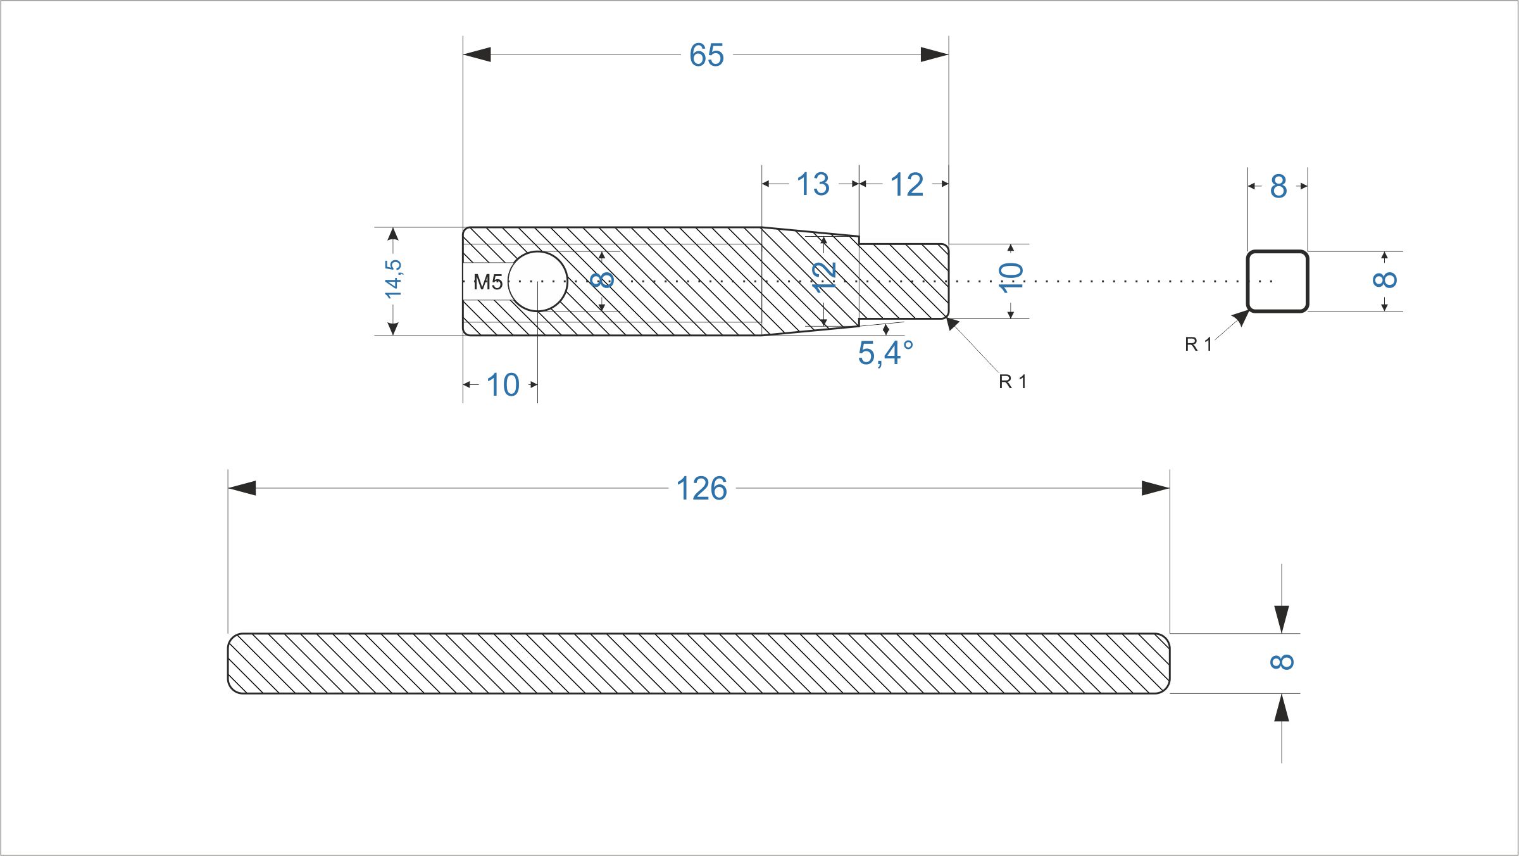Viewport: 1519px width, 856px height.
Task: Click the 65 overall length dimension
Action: pyautogui.click(x=706, y=55)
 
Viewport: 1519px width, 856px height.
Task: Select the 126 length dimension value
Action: pyautogui.click(x=701, y=489)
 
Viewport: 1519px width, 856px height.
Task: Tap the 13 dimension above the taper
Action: pyautogui.click(x=813, y=184)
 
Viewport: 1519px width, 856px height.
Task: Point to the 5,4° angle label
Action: pyautogui.click(x=885, y=353)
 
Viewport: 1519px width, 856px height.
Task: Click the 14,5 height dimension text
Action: pyautogui.click(x=393, y=279)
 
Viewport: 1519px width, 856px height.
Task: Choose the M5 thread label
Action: pyautogui.click(x=488, y=282)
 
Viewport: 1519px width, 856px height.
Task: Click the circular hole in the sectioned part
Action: pyautogui.click(x=537, y=282)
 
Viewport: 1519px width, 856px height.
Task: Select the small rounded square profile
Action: pyautogui.click(x=1277, y=251)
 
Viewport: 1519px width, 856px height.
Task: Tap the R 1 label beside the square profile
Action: pyautogui.click(x=1198, y=344)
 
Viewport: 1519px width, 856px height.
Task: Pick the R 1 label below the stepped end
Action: pyautogui.click(x=1013, y=382)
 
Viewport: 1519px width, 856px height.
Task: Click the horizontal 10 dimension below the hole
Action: pyautogui.click(x=503, y=385)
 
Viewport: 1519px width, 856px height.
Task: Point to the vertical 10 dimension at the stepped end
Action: pyautogui.click(x=1011, y=277)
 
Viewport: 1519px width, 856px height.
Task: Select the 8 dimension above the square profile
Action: pyautogui.click(x=1278, y=187)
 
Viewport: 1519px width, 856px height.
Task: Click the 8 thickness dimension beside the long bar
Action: pyautogui.click(x=1282, y=662)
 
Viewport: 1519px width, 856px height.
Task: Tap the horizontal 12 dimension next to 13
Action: pyautogui.click(x=906, y=185)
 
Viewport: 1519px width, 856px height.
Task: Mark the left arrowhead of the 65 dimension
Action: pyautogui.click(x=477, y=54)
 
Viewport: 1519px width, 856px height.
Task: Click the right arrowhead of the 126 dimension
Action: pyautogui.click(x=1156, y=488)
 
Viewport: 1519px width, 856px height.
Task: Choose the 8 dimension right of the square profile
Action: pyautogui.click(x=1385, y=279)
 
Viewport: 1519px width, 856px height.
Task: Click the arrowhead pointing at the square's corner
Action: pyautogui.click(x=1241, y=318)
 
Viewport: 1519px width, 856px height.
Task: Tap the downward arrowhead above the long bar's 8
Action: pyautogui.click(x=1282, y=619)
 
